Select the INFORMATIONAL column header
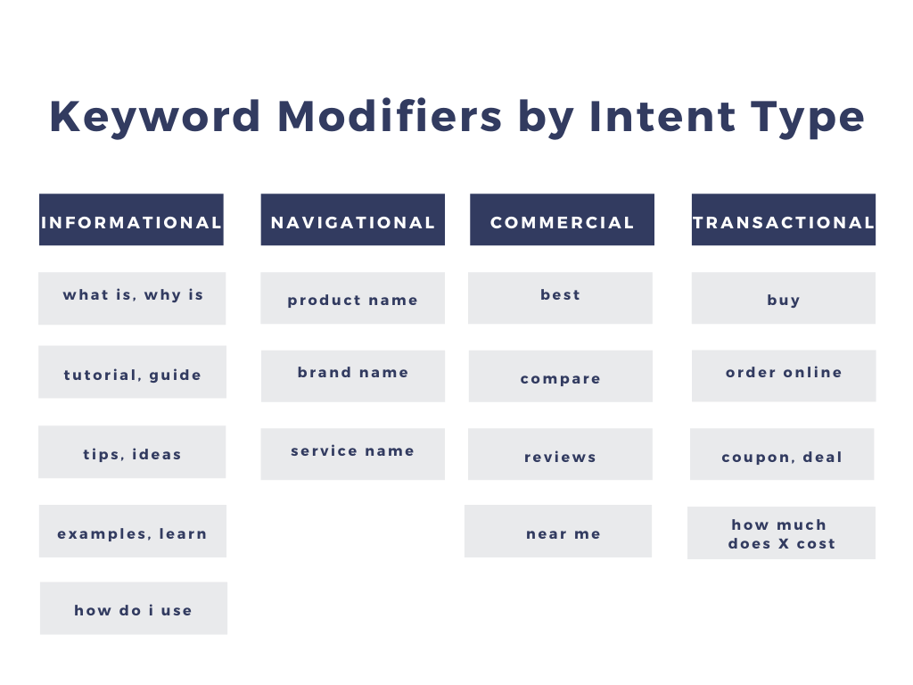(x=131, y=220)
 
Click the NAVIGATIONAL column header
(x=353, y=220)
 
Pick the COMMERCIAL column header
(x=562, y=220)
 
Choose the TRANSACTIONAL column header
(x=784, y=220)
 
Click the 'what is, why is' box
(x=132, y=298)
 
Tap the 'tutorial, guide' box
(x=132, y=372)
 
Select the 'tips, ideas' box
(x=132, y=452)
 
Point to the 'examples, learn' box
(x=132, y=532)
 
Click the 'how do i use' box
(x=134, y=608)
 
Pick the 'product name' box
(x=353, y=298)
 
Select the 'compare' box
(x=561, y=376)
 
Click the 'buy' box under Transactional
(x=784, y=298)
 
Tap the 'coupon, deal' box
(x=782, y=455)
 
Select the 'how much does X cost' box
(x=781, y=533)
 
